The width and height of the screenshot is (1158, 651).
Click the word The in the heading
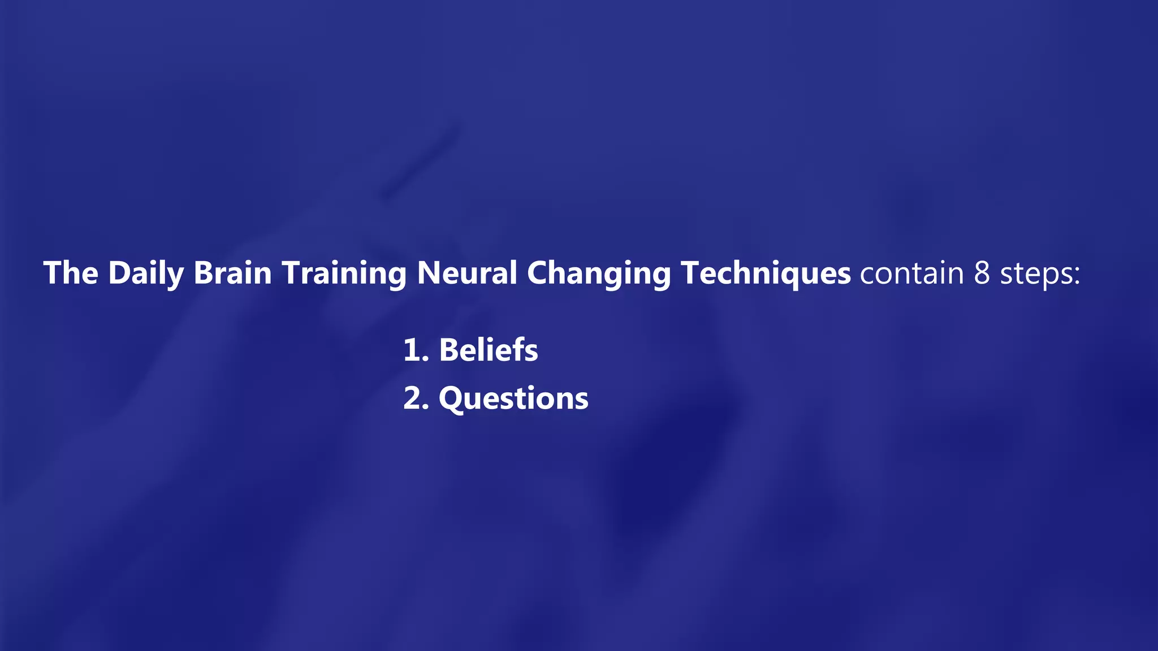71,273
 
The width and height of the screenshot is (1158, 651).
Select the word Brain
232,273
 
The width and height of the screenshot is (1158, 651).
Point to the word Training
344,274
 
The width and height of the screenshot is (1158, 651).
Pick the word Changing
599,274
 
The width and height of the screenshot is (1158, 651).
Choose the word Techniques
766,274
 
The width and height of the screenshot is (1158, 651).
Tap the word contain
911,273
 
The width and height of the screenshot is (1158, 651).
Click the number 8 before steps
982,273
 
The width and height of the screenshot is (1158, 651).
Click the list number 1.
412,350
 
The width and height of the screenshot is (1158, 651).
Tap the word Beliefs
489,350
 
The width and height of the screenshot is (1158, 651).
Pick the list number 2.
413,398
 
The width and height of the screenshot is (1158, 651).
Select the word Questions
513,399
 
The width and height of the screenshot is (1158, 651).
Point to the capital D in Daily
119,273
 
